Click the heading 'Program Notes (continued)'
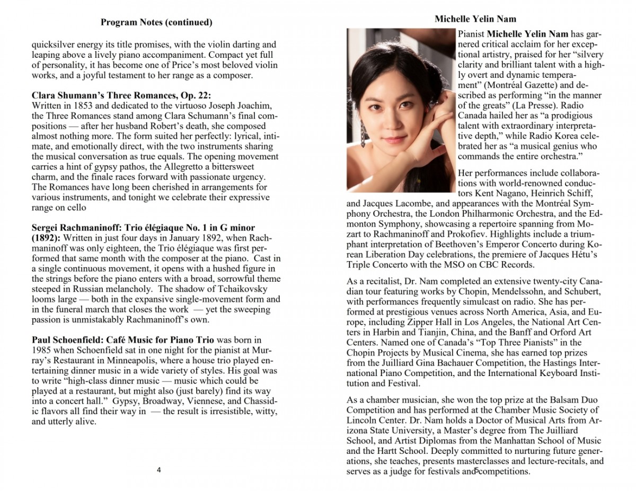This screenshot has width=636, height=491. [x=156, y=22]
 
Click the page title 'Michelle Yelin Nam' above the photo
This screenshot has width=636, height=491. [x=475, y=19]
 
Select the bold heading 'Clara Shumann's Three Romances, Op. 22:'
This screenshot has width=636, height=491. [x=121, y=95]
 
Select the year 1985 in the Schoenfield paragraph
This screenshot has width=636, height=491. [x=43, y=350]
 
